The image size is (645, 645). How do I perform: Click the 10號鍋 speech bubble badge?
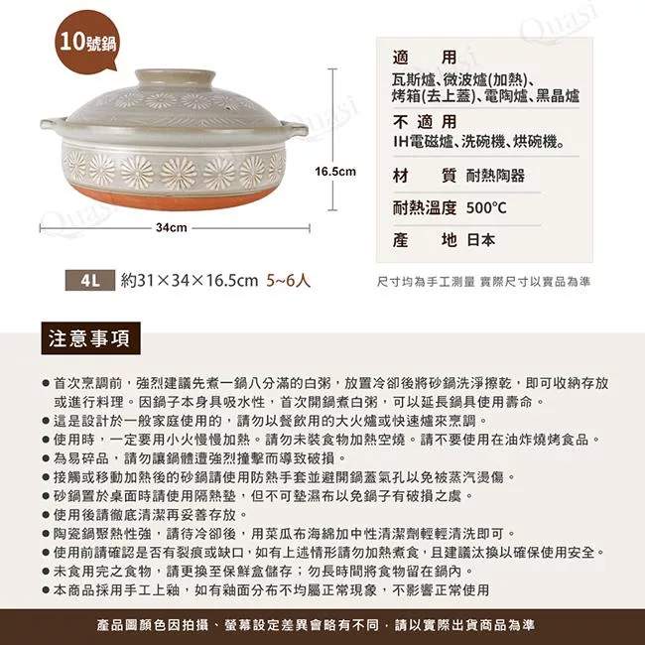pos(87,41)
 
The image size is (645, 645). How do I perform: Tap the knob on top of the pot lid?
pos(176,77)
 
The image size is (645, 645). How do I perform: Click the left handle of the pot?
pos(53,123)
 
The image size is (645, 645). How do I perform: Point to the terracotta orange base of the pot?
pos(173,197)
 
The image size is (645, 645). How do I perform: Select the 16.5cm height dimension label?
pos(335,172)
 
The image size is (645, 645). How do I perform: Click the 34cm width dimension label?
pos(172,227)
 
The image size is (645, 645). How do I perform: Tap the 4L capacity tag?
pos(90,281)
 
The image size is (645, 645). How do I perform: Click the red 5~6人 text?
pos(288,281)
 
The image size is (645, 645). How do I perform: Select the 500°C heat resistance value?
pos(486,208)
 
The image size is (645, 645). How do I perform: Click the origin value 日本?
pos(481,240)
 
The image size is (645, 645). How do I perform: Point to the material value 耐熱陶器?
pos(495,176)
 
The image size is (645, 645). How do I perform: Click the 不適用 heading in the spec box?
pos(425,122)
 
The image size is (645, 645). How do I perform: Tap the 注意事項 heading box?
pos(91,338)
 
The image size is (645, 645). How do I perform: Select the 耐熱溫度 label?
pos(425,208)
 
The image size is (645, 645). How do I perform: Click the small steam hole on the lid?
pos(225,108)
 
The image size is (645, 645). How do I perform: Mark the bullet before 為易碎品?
pos(46,458)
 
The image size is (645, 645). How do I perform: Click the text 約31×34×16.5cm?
pos(190,281)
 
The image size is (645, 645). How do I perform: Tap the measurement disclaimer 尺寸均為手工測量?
pos(426,282)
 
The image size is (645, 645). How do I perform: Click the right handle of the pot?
pos(295,129)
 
